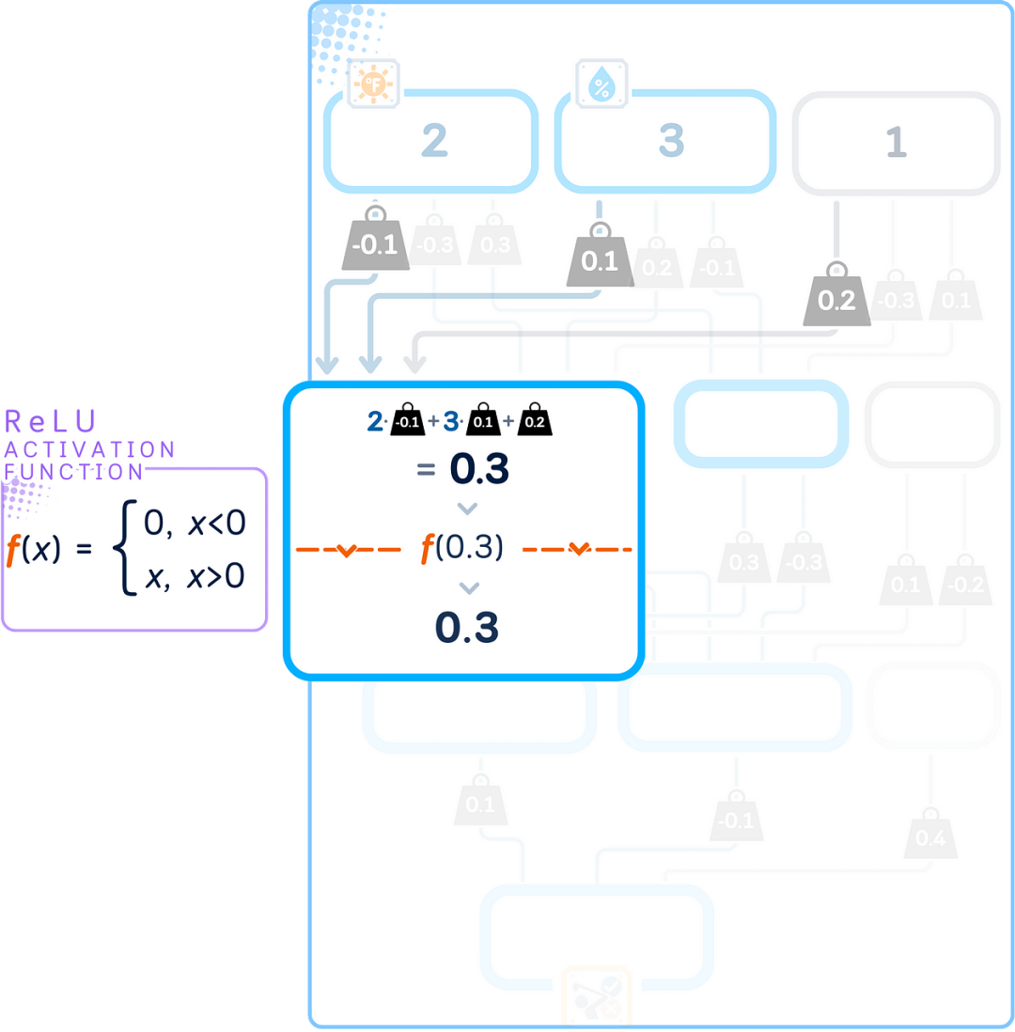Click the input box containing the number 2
(431, 141)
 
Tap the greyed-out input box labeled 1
(896, 141)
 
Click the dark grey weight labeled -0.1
(375, 246)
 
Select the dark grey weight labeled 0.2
(836, 300)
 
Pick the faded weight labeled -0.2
(965, 584)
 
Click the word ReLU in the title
(53, 420)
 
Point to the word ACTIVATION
(89, 449)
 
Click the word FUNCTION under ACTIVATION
(74, 471)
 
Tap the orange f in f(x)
(13, 550)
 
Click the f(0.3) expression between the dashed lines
(461, 549)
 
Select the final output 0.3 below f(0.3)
(466, 628)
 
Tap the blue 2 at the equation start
(374, 422)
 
